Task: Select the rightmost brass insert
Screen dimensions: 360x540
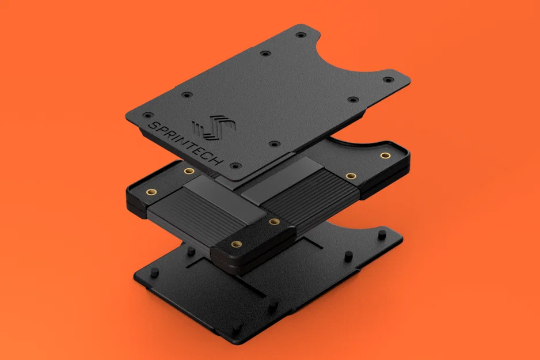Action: click(x=384, y=156)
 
